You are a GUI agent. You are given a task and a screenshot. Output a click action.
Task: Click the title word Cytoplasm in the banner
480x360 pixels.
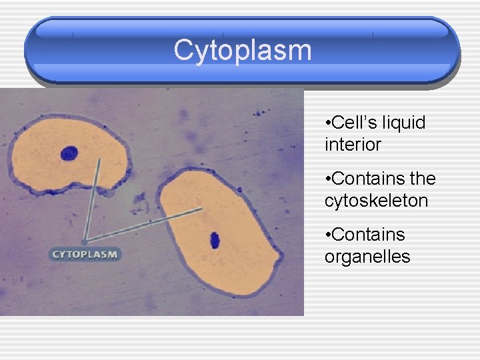pos(242,51)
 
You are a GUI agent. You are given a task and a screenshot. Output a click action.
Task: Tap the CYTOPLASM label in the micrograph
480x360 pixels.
pos(85,254)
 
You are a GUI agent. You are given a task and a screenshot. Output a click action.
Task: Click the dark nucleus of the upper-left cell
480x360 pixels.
pos(69,155)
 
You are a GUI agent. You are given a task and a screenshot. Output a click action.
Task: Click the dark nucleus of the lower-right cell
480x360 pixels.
pos(215,239)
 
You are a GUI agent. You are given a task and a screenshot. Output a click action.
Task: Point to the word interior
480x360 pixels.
pos(353,144)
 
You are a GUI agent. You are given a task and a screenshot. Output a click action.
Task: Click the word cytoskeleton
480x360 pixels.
pos(376,200)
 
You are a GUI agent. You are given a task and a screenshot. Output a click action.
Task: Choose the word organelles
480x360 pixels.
pos(367,256)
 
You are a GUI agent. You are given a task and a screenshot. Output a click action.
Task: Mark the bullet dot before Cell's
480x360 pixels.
pos(327,123)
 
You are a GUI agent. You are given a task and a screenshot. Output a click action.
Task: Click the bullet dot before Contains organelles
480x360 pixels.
pos(327,235)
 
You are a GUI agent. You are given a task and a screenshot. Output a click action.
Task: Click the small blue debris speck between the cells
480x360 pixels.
pos(139,199)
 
